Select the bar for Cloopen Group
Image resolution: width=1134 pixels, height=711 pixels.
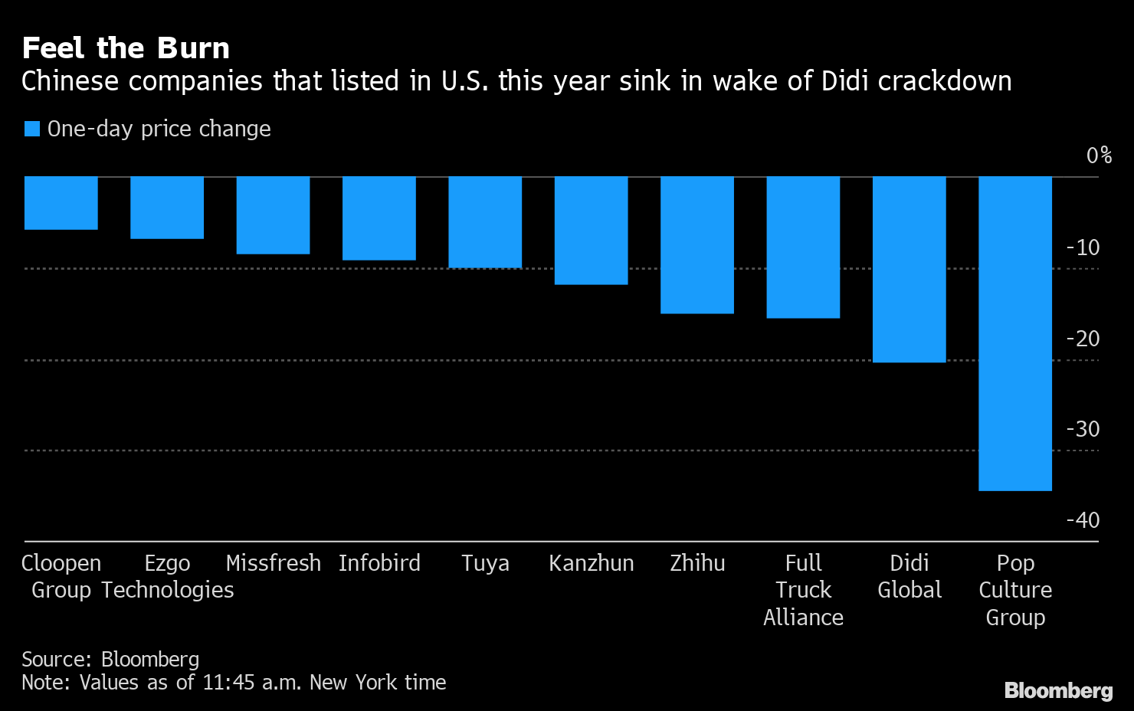click(61, 203)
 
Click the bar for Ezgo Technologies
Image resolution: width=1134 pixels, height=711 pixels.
click(167, 208)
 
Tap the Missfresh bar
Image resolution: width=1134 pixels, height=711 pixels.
click(273, 215)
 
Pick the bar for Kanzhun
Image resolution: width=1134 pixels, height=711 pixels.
click(591, 231)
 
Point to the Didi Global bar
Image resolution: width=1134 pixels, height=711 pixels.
click(909, 269)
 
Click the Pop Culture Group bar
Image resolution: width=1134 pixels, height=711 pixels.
click(1015, 333)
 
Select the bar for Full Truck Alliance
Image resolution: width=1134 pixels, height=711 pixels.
click(803, 247)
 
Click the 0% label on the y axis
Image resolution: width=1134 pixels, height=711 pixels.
click(1099, 156)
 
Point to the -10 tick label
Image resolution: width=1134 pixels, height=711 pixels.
click(1083, 247)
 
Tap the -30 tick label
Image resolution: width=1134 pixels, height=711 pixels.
click(1083, 429)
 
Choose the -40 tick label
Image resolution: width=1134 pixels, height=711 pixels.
click(1083, 520)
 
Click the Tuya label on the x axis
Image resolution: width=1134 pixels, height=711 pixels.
click(485, 563)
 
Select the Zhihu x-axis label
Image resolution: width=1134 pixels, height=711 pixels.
click(697, 563)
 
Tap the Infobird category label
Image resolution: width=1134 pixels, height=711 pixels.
click(379, 563)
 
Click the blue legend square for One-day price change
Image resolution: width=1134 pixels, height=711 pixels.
click(32, 129)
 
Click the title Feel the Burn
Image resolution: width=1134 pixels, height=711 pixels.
click(126, 48)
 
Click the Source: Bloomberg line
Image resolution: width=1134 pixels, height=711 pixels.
click(110, 659)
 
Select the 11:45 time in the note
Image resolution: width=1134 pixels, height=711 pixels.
click(228, 682)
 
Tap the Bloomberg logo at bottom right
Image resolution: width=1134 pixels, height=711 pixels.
click(1058, 690)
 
